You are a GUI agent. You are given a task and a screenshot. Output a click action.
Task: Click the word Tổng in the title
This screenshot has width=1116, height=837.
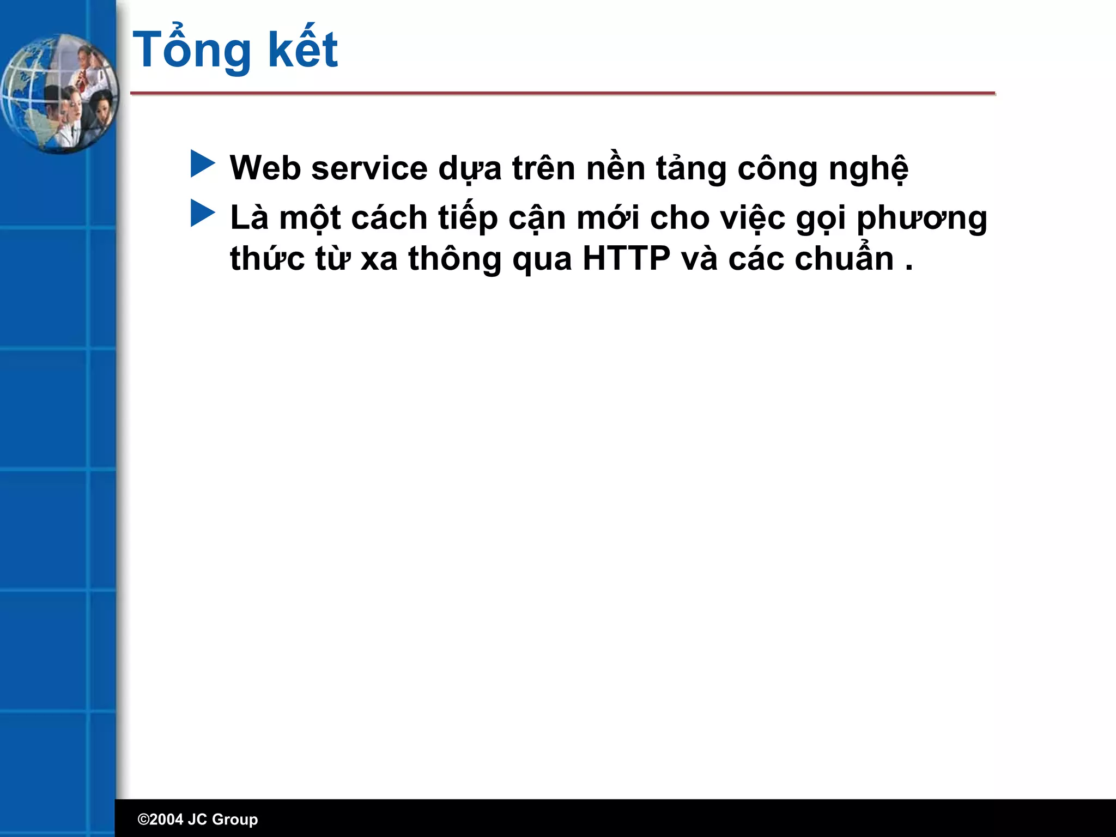tap(192, 50)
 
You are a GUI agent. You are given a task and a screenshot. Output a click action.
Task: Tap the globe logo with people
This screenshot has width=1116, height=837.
tap(59, 94)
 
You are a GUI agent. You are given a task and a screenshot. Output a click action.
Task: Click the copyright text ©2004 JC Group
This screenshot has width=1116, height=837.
tap(197, 819)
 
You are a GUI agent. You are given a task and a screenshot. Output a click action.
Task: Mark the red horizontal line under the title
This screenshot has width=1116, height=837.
tap(562, 94)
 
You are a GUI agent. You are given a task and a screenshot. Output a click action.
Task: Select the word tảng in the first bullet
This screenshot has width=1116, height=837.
tap(691, 169)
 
